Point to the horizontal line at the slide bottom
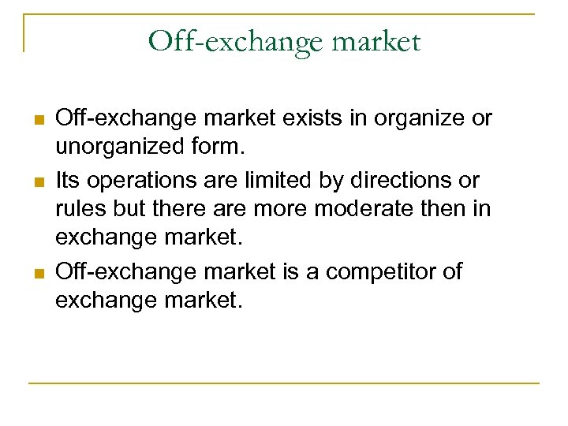point(284,383)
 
